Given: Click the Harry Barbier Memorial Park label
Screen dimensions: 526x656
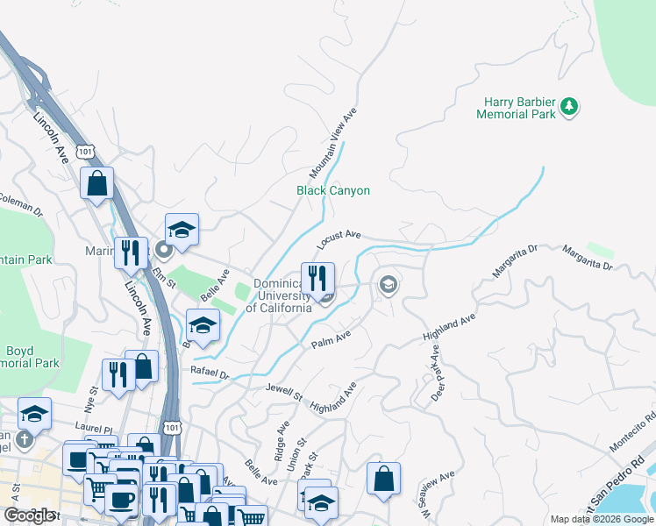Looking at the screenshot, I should pos(517,108).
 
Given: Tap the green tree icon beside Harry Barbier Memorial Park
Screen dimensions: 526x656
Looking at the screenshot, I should pos(570,107).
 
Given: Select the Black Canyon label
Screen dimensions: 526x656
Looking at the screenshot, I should pos(332,190).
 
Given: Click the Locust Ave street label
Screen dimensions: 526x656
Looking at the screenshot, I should pos(340,236).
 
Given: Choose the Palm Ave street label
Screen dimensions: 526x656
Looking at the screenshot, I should pos(332,338).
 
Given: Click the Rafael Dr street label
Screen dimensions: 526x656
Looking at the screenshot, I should pos(210,373).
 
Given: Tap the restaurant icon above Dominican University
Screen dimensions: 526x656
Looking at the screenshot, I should pos(317,278).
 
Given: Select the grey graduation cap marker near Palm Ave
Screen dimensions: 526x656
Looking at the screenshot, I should pos(388,284).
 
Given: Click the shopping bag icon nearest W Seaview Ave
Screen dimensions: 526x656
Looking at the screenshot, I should pos(383,478).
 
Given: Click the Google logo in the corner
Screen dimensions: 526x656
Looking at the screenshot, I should pos(29,515).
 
